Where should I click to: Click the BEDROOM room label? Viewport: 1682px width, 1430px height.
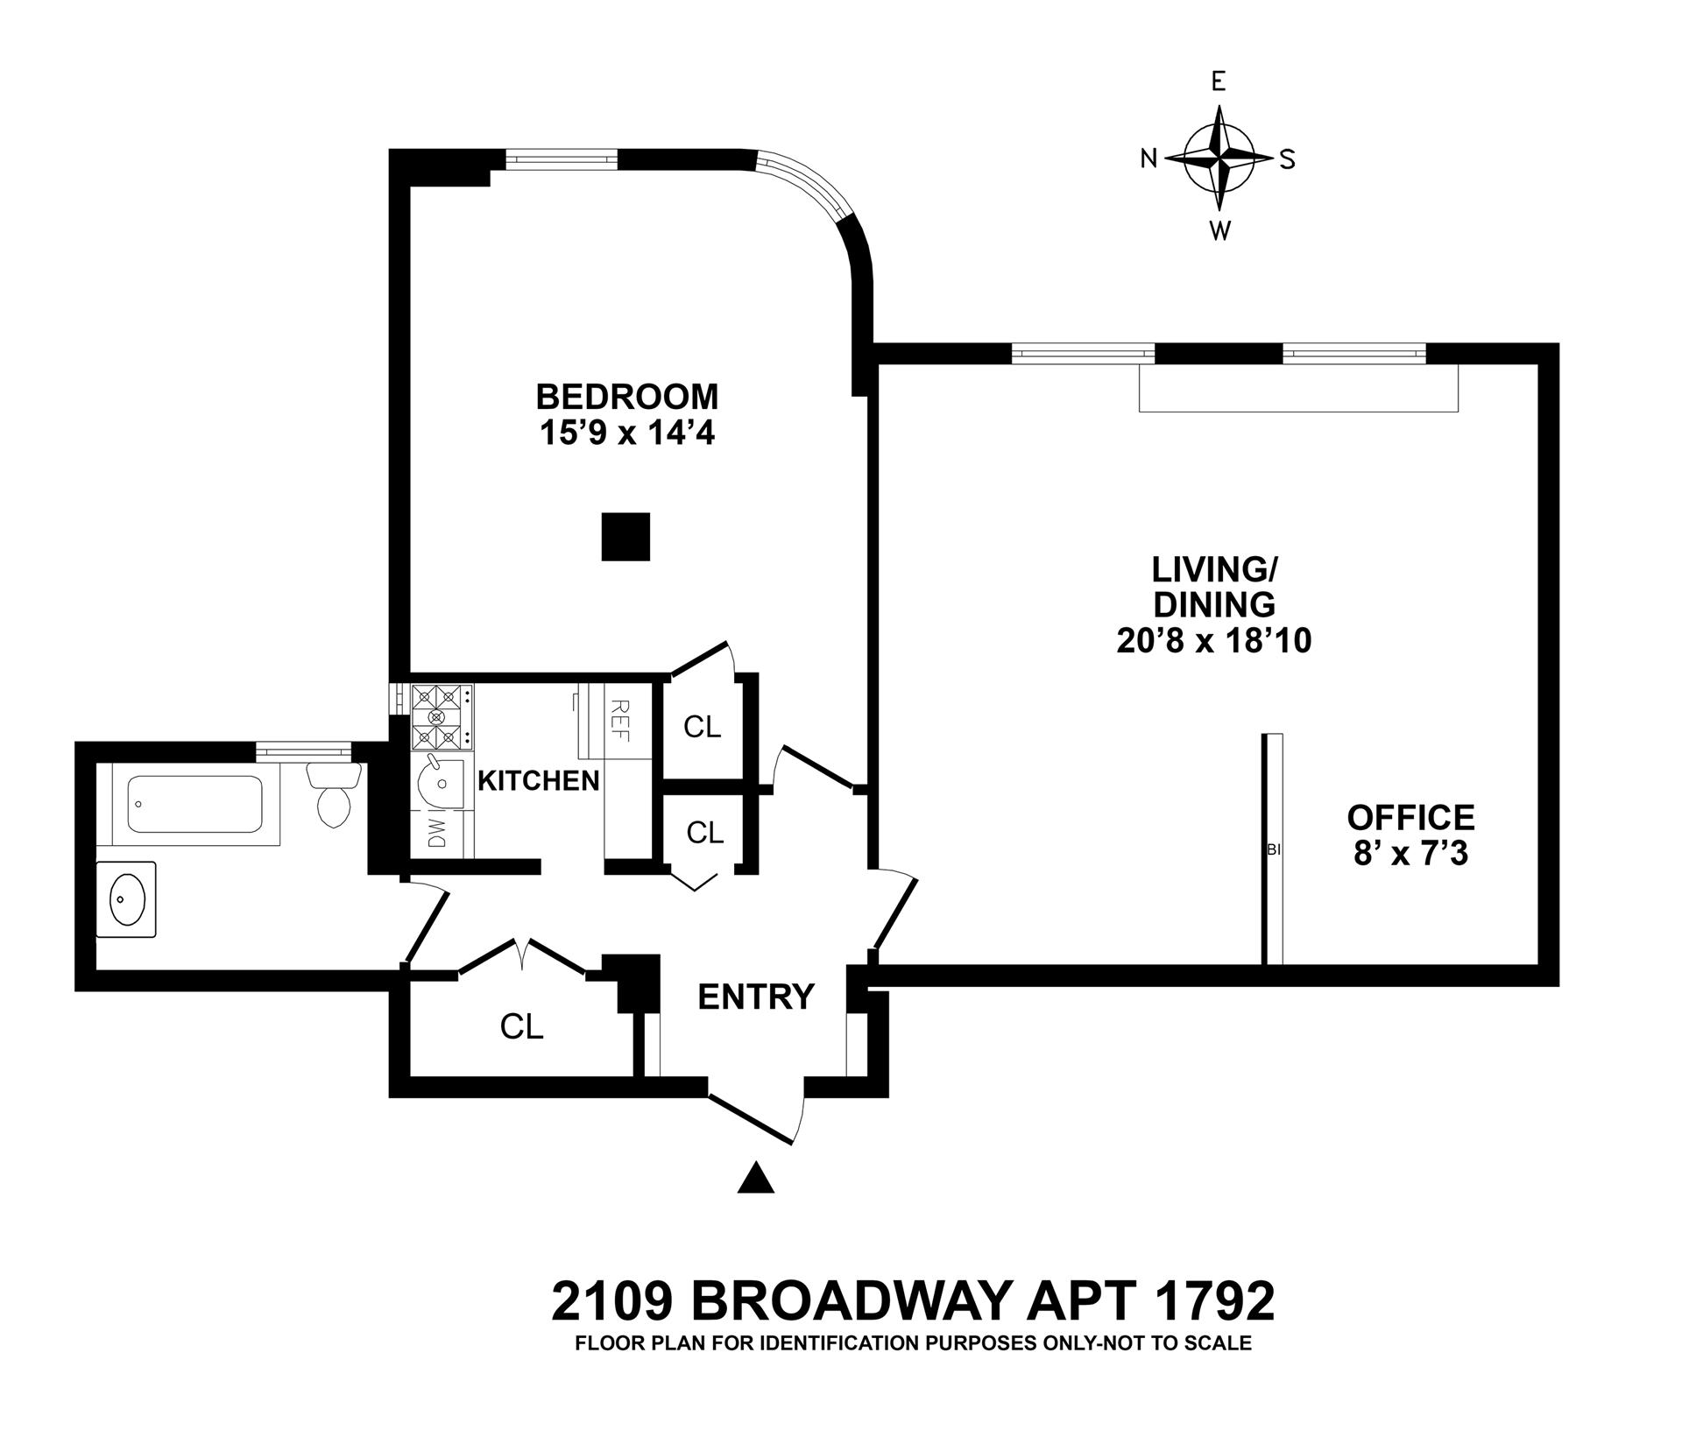(x=626, y=397)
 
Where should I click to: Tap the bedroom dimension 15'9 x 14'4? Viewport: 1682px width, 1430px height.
(x=626, y=433)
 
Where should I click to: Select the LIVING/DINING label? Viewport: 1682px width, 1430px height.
(x=1213, y=588)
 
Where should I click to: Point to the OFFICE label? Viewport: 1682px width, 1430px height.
(x=1410, y=817)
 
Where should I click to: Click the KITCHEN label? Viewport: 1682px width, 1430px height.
(x=538, y=780)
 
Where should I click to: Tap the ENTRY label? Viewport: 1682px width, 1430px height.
(x=756, y=997)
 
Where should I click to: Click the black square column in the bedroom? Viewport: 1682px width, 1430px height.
(x=625, y=536)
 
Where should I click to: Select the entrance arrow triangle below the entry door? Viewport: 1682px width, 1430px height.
(x=756, y=1178)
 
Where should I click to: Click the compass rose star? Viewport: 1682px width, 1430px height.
(x=1218, y=158)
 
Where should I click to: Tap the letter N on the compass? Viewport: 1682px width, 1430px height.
(x=1148, y=158)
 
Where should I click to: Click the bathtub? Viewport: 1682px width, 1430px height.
(x=194, y=804)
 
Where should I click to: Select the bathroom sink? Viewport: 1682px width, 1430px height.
(x=126, y=899)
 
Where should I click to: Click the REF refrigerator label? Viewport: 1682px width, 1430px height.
(x=619, y=720)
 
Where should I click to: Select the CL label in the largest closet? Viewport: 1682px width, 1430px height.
(x=522, y=1026)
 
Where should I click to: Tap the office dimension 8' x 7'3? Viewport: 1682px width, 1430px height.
(x=1410, y=853)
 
